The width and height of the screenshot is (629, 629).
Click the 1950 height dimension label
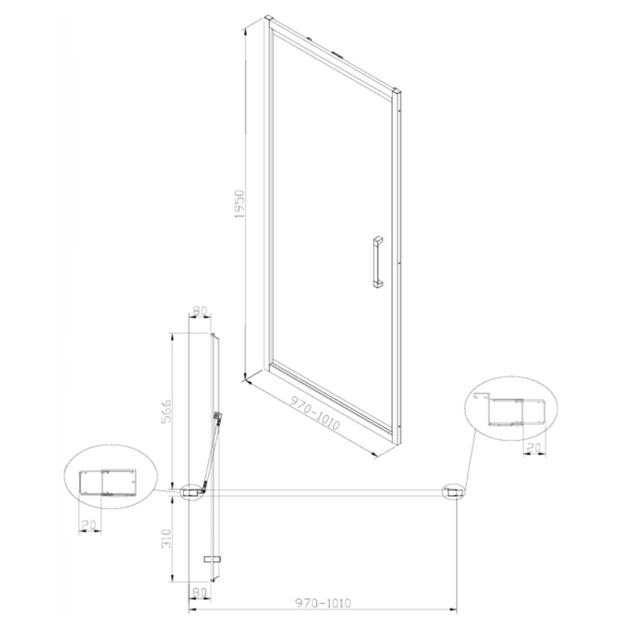240,204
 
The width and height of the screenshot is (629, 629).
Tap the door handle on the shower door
377,261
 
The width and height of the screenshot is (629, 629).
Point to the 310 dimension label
168,538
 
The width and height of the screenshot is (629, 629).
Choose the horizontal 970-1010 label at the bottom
324,603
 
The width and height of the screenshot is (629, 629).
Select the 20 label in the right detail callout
534,448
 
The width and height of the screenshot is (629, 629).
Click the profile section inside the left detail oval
108,483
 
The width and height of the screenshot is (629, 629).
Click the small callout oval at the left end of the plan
192,492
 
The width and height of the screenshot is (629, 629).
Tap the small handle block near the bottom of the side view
213,558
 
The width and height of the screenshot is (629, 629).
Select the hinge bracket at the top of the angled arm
217,416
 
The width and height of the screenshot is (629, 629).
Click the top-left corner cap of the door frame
269,21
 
